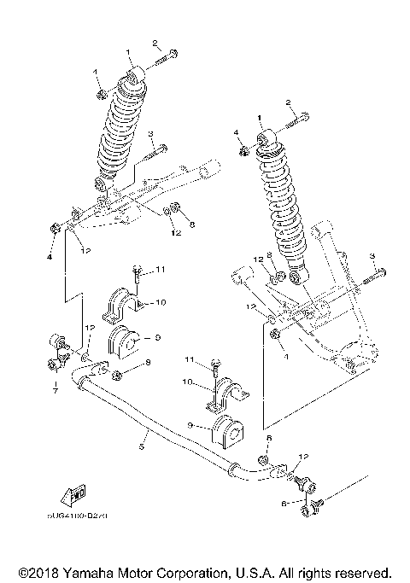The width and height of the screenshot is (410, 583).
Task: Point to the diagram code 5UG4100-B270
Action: pyautogui.click(x=85, y=516)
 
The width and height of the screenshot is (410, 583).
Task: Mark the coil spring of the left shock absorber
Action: pyautogui.click(x=120, y=128)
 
